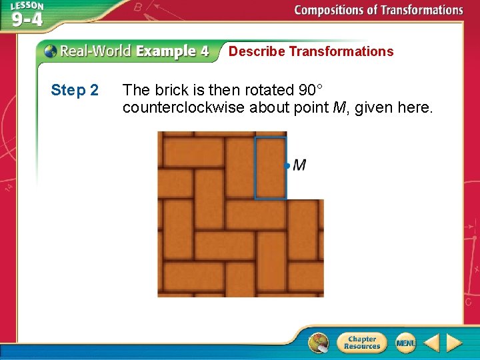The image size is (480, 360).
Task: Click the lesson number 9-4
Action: click(27, 19)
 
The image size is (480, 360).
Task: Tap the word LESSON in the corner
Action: click(27, 6)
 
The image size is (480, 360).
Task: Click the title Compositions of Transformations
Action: click(378, 10)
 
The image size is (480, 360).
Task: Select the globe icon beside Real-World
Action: click(51, 51)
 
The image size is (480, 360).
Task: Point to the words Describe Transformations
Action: click(311, 51)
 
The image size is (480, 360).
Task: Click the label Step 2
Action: click(75, 90)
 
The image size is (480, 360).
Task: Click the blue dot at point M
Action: click(287, 165)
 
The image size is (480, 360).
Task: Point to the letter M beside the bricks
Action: click(299, 165)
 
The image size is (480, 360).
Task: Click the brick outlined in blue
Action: click(270, 168)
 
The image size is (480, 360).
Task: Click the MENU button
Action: click(405, 343)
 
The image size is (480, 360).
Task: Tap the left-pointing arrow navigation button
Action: click(431, 343)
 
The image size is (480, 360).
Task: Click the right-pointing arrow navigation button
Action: click(454, 343)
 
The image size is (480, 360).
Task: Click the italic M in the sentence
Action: click(339, 107)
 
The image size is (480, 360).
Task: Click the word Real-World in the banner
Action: click(96, 51)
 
